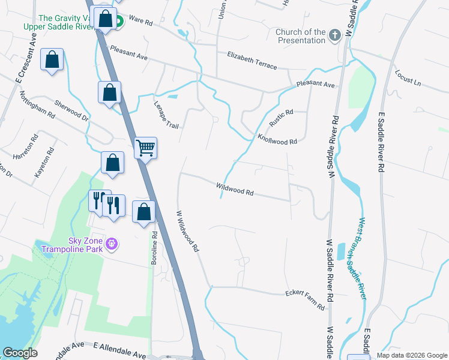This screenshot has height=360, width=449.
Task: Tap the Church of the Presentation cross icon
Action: [x=335, y=36]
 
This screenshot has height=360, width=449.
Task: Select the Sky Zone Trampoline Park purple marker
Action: [x=110, y=244]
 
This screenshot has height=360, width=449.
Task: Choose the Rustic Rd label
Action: [x=280, y=118]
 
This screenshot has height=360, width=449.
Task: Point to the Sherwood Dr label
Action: [x=71, y=110]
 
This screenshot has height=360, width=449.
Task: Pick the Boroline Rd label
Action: [x=154, y=248]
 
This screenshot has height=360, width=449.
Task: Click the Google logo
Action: [x=20, y=353]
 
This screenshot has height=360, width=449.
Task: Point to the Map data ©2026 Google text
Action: [x=412, y=355]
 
